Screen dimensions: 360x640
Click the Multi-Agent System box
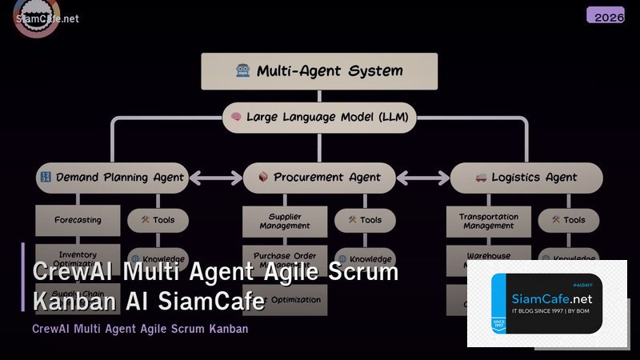coord(319,70)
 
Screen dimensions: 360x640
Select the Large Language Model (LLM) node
coord(319,117)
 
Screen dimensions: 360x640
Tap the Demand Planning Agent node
coord(112,178)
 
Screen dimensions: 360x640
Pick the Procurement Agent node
coord(318,178)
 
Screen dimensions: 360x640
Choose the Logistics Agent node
coord(526,178)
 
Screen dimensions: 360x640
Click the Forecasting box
coord(78,220)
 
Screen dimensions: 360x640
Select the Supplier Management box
coord(285,220)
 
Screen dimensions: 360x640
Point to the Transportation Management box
coord(488,221)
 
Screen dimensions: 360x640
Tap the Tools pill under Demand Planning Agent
coord(158,220)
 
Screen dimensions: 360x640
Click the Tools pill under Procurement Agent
coord(364,220)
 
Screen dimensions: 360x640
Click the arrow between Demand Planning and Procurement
coord(215,178)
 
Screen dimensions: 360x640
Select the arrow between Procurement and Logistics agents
coord(422,178)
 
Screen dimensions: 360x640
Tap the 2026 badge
coord(605,15)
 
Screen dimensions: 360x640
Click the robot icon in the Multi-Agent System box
coord(243,70)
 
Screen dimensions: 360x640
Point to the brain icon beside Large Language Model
coord(236,117)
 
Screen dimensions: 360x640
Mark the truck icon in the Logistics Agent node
coord(481,178)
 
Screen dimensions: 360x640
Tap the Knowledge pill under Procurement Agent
coord(365,259)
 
